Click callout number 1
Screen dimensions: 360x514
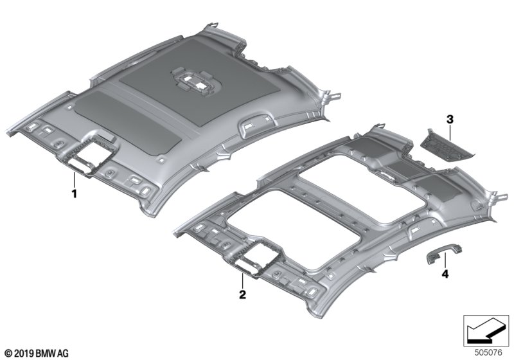74,192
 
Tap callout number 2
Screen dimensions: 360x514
242,295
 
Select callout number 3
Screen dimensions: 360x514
450,119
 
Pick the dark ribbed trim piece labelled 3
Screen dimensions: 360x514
449,141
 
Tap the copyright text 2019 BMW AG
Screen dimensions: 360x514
36,353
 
